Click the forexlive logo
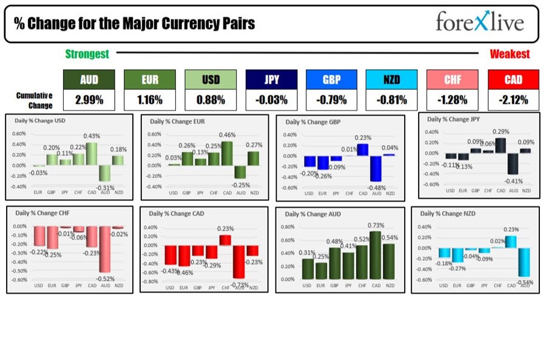pos(479,22)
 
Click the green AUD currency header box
pos(89,80)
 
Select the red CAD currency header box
pos(513,80)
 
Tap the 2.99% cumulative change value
pos(89,99)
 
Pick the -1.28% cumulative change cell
pos(453,99)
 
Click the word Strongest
pos(87,54)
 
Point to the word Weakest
pos(510,54)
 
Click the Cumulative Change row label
pos(34,100)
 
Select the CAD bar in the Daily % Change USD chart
pos(91,154)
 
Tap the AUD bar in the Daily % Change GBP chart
pos(376,168)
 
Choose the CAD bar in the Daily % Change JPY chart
pos(500,145)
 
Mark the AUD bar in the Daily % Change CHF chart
pos(105,249)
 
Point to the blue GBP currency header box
pos(331,80)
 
